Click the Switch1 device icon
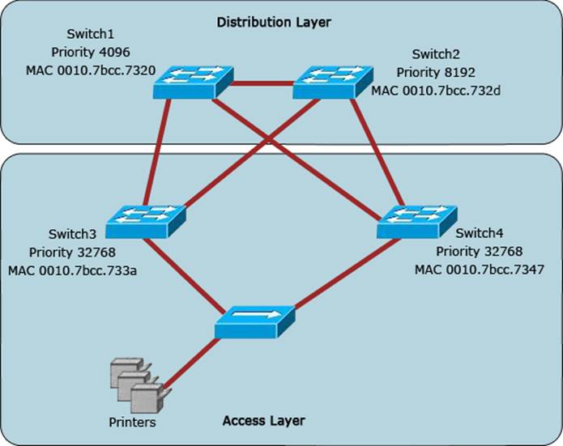coord(192,82)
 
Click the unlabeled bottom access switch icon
coord(254,321)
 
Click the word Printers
coord(132,423)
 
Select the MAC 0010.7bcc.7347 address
coord(477,270)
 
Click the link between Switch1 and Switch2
coord(262,82)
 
